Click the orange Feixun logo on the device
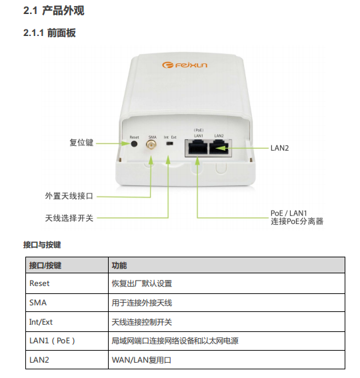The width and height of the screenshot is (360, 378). click(x=185, y=65)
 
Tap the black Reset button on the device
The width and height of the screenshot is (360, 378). click(x=134, y=144)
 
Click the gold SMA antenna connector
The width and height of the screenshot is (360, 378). click(x=151, y=145)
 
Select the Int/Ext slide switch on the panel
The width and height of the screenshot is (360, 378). click(x=170, y=143)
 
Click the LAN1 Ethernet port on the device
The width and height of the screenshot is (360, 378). click(x=198, y=147)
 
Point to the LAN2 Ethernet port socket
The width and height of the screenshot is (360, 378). click(x=219, y=147)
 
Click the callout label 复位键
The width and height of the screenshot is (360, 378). click(x=81, y=143)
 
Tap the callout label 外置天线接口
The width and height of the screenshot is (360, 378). click(x=69, y=196)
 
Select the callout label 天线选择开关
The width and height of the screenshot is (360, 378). click(x=69, y=218)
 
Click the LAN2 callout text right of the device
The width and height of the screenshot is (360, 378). click(x=279, y=148)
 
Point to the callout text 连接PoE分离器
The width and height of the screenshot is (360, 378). click(x=297, y=221)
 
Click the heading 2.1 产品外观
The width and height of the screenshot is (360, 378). click(x=54, y=11)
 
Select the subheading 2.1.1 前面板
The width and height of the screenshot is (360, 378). click(x=49, y=33)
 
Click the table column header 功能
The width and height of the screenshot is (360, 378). click(x=119, y=265)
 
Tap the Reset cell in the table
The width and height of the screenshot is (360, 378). click(x=39, y=283)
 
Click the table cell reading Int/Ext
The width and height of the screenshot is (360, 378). click(x=41, y=322)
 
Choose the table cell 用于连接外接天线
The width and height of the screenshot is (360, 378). click(x=142, y=303)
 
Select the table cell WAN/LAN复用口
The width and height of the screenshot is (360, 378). click(x=141, y=360)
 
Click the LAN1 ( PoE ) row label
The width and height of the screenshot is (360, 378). click(x=52, y=341)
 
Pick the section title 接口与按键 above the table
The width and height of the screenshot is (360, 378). click(x=42, y=245)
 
